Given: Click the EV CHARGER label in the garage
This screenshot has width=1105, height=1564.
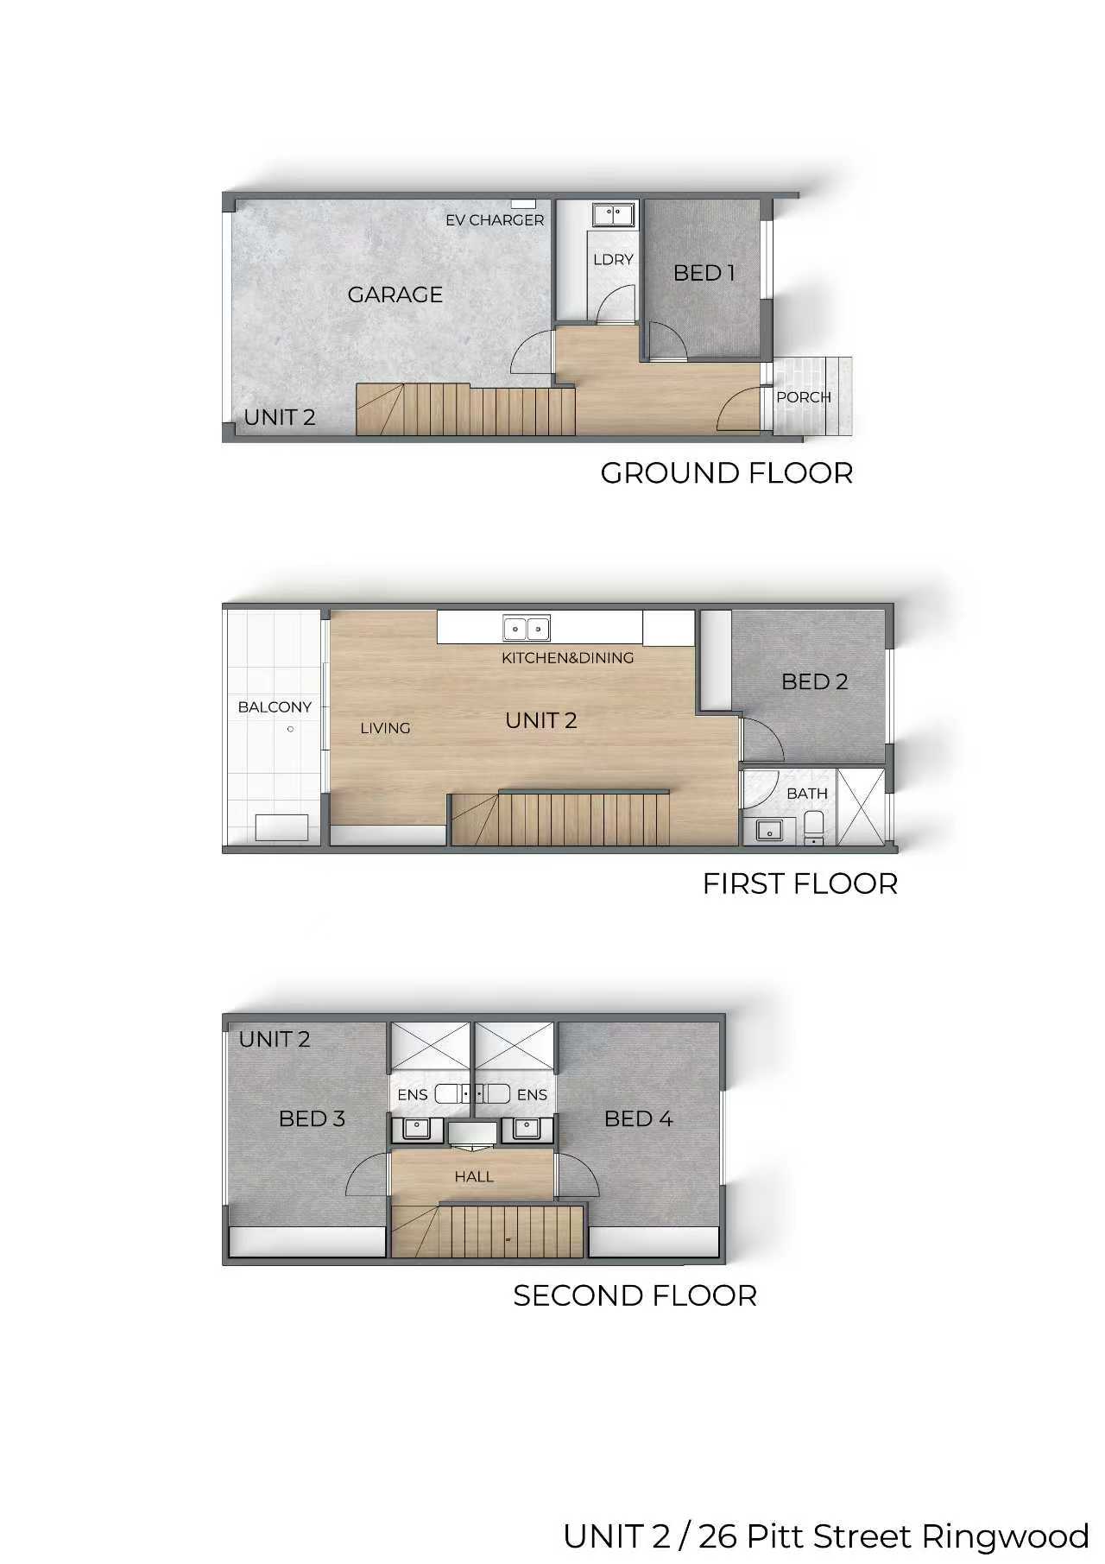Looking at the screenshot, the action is [x=495, y=220].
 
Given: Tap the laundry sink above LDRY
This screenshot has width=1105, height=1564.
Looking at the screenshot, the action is [x=614, y=213].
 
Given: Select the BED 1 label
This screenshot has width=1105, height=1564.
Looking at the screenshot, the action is [x=704, y=273].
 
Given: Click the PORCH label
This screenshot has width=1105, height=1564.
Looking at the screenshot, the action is [x=804, y=397].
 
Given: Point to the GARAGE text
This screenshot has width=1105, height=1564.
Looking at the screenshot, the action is [x=395, y=294].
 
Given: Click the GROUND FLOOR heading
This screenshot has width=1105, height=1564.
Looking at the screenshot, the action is [x=727, y=473].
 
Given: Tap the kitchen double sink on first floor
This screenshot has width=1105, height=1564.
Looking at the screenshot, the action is [x=527, y=629].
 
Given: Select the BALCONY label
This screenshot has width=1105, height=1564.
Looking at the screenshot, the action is [x=275, y=707].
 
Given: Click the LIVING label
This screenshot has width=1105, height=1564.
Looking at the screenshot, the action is [x=385, y=728].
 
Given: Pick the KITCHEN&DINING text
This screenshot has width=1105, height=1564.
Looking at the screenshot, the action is [x=568, y=658].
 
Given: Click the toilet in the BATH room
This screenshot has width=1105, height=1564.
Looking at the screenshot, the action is [x=814, y=827].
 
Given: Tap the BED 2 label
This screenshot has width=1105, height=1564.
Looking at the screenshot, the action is [x=815, y=681].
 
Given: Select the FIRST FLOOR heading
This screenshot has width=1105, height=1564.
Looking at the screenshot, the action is [x=800, y=883].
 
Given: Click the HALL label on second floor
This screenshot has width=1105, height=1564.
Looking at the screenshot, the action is [x=474, y=1176].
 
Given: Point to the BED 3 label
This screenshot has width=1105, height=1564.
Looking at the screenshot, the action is [x=312, y=1118].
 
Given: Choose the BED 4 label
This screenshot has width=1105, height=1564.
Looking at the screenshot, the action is [x=639, y=1118].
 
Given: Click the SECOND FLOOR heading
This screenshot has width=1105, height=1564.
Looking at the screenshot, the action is [x=635, y=1295].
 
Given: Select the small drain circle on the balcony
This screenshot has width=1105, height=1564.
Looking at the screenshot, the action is [x=290, y=729].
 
